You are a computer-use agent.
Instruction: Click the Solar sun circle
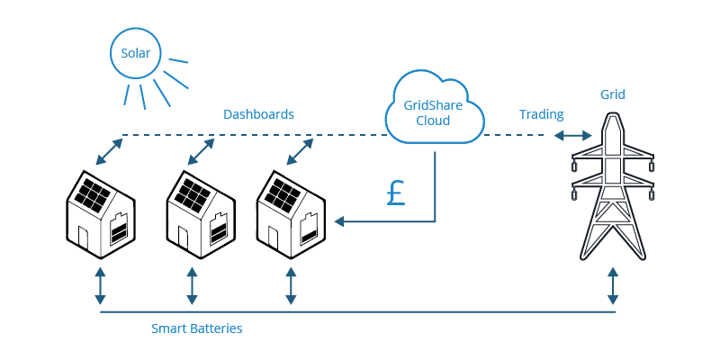[136, 55]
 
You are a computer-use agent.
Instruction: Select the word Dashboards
[258, 114]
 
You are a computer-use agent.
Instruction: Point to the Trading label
[542, 114]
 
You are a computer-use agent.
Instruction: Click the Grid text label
[612, 94]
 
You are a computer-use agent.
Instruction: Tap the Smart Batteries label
[196, 328]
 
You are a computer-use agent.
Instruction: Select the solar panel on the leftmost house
[92, 192]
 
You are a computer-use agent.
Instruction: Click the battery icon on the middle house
[219, 230]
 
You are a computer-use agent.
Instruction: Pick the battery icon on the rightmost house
[309, 230]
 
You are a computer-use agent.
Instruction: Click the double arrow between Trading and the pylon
[573, 136]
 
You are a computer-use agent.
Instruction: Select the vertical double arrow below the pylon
[613, 284]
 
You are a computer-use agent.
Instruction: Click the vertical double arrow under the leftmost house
[100, 284]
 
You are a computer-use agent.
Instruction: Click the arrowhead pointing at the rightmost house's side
[341, 221]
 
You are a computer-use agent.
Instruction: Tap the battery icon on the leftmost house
[119, 230]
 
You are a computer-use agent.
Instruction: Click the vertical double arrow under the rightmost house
[290, 284]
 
